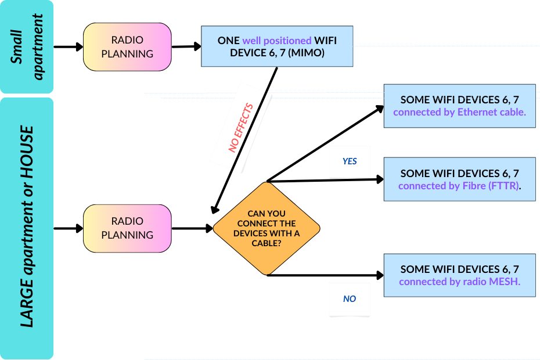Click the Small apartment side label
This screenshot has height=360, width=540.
[x=27, y=46]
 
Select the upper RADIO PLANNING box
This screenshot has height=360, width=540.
[x=127, y=47]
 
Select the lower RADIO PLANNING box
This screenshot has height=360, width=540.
[x=127, y=228]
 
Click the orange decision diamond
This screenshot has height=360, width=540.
[x=267, y=228]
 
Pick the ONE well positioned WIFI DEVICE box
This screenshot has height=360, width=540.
[x=277, y=47]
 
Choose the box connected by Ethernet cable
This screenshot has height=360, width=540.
[x=459, y=106]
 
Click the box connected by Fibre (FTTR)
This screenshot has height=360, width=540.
[x=459, y=179]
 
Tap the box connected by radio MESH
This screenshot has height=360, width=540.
[x=459, y=275]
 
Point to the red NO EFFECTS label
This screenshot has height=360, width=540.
[x=241, y=128]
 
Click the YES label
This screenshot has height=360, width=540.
[x=350, y=161]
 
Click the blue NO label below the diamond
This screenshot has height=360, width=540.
[x=350, y=299]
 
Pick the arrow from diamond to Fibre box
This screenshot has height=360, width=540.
[x=325, y=180]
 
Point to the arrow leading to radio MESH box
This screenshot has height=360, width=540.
[x=325, y=275]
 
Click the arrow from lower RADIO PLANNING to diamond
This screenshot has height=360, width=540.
[x=192, y=229]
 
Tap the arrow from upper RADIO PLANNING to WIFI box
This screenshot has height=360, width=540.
[x=186, y=46]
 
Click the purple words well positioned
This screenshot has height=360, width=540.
[x=277, y=41]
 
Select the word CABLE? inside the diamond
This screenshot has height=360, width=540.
[x=267, y=243]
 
